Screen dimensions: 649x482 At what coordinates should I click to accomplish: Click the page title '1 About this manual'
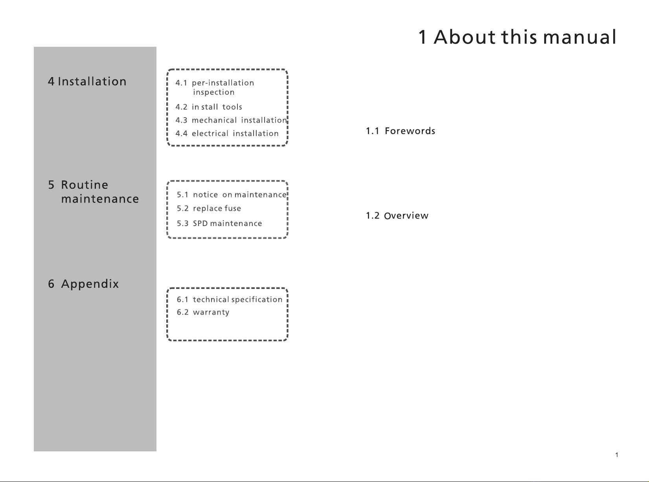point(517,37)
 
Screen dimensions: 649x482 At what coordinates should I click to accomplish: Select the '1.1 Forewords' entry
point(400,131)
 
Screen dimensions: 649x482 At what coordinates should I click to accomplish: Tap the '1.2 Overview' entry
point(397,216)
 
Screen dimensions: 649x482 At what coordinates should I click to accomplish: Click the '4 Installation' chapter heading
point(87,81)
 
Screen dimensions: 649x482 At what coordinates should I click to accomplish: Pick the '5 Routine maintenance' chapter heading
point(93,192)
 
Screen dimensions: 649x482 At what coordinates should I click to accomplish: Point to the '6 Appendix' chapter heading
point(83,284)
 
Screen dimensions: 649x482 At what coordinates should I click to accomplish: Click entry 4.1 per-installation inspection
point(215,87)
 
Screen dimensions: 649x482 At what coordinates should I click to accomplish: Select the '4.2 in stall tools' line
point(209,107)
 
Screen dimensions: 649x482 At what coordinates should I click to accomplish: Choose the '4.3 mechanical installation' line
point(231,120)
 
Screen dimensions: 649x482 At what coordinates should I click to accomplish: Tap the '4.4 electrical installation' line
point(227,133)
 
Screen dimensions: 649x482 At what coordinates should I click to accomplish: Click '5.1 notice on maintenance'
point(232,195)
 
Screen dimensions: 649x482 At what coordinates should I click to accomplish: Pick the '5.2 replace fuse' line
point(209,208)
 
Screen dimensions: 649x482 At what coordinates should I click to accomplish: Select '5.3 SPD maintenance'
point(219,223)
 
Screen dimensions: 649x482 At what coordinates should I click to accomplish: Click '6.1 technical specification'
point(230,300)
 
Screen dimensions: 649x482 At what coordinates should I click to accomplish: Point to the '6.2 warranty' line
point(203,312)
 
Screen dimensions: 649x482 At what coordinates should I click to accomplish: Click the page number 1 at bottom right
point(617,455)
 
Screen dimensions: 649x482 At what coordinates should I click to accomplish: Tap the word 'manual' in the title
point(580,37)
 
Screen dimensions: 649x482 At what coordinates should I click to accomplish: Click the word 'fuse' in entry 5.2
point(233,208)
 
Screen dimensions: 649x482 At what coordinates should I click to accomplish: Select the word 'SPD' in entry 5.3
point(200,223)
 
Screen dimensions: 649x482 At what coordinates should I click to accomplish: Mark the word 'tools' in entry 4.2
point(232,107)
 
